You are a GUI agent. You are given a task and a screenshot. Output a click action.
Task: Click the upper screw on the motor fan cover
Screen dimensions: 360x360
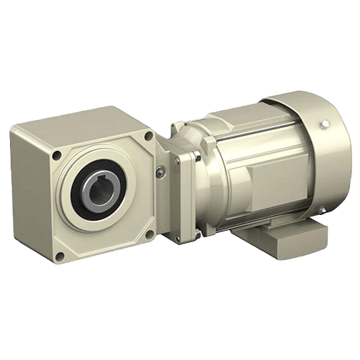[325, 126]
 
